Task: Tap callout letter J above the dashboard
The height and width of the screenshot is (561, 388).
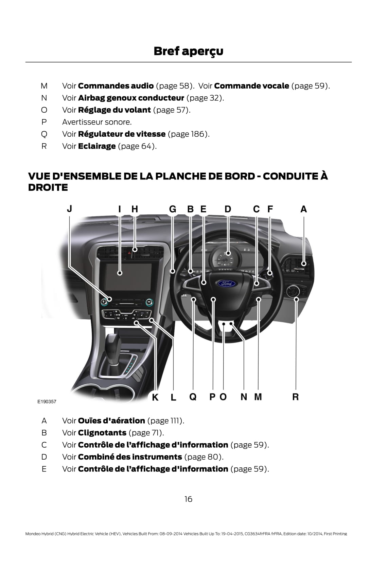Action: point(69,209)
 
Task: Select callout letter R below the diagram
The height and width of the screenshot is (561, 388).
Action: point(296,396)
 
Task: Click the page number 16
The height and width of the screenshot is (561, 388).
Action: point(188,499)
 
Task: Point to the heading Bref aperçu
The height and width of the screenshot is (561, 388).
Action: point(188,51)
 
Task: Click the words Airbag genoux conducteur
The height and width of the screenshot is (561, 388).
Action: point(131,98)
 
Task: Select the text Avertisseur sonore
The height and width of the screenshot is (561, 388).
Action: point(96,122)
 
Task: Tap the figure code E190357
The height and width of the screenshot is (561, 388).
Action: point(47,402)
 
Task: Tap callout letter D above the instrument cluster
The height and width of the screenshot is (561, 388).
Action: point(228,209)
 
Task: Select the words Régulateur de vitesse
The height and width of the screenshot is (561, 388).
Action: point(122,134)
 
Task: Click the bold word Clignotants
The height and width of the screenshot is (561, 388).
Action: point(102,433)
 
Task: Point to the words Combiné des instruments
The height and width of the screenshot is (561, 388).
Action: point(130,457)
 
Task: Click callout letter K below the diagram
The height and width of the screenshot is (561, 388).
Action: point(155,397)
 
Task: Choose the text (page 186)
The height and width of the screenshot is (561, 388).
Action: point(189,134)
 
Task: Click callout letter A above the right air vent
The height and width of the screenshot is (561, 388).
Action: point(303,209)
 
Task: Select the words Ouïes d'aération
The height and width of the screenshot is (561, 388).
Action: point(111,421)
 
